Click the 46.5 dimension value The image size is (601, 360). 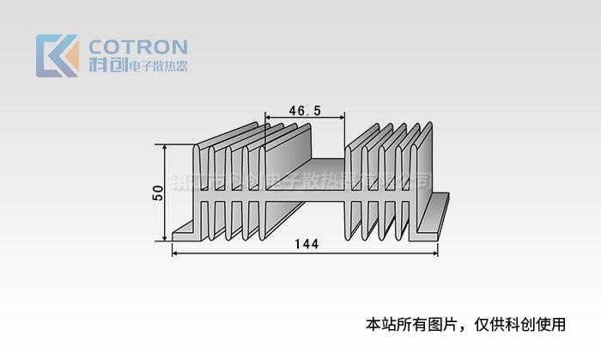pos(305,110)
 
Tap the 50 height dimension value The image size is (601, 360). pos(157,193)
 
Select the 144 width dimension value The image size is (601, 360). pos(306,244)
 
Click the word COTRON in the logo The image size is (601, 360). pos(138,46)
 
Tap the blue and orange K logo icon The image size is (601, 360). pos(57,56)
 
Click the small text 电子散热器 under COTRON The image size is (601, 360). pos(157,66)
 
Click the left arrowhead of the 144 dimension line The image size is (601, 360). pos(175,252)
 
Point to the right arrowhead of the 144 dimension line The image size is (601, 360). pos(435,252)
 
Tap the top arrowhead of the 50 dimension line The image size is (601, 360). pos(164,147)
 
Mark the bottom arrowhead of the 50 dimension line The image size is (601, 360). pos(164,238)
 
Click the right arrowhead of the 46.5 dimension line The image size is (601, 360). pos(342,118)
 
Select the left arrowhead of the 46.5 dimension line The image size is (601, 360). pos(268,118)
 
